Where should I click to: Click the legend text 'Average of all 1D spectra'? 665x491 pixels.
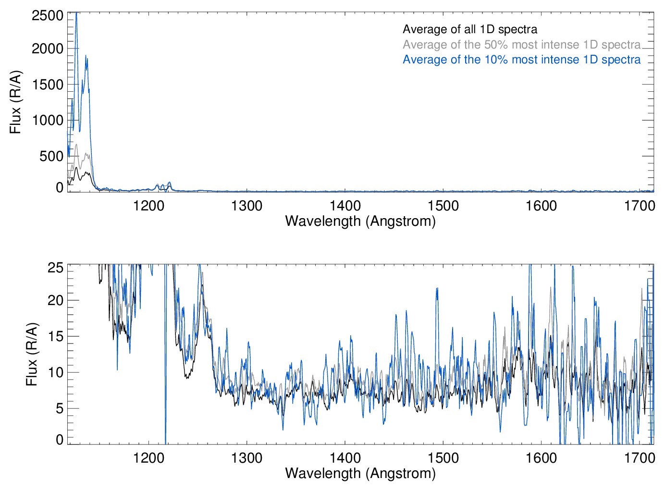pyautogui.click(x=470, y=30)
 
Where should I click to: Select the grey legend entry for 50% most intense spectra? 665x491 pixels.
pyautogui.click(x=521, y=45)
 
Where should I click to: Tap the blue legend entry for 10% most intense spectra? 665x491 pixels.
pyautogui.click(x=521, y=60)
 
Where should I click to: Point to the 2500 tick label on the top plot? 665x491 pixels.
pyautogui.click(x=48, y=15)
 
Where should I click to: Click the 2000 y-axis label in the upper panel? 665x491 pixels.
pyautogui.click(x=48, y=49)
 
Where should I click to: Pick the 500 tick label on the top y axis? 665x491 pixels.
pyautogui.click(x=51, y=156)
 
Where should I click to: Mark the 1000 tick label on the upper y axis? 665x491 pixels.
pyautogui.click(x=48, y=120)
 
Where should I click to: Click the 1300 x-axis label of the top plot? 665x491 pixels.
pyautogui.click(x=246, y=206)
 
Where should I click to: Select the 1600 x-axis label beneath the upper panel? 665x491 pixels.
pyautogui.click(x=541, y=206)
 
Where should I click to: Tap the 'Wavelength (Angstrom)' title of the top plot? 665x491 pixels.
pyautogui.click(x=360, y=221)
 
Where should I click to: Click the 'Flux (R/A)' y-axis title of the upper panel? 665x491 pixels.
pyautogui.click(x=15, y=102)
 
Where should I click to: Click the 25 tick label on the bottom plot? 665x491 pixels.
pyautogui.click(x=55, y=268)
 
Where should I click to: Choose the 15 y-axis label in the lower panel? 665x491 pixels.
pyautogui.click(x=55, y=336)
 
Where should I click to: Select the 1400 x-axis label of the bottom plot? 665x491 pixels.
pyautogui.click(x=345, y=458)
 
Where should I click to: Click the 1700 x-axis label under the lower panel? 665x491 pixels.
pyautogui.click(x=640, y=458)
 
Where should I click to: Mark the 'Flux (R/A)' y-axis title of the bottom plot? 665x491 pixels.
pyautogui.click(x=31, y=354)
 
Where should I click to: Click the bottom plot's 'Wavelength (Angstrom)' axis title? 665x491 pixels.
pyautogui.click(x=360, y=473)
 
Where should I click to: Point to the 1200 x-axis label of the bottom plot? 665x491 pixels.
pyautogui.click(x=148, y=458)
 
